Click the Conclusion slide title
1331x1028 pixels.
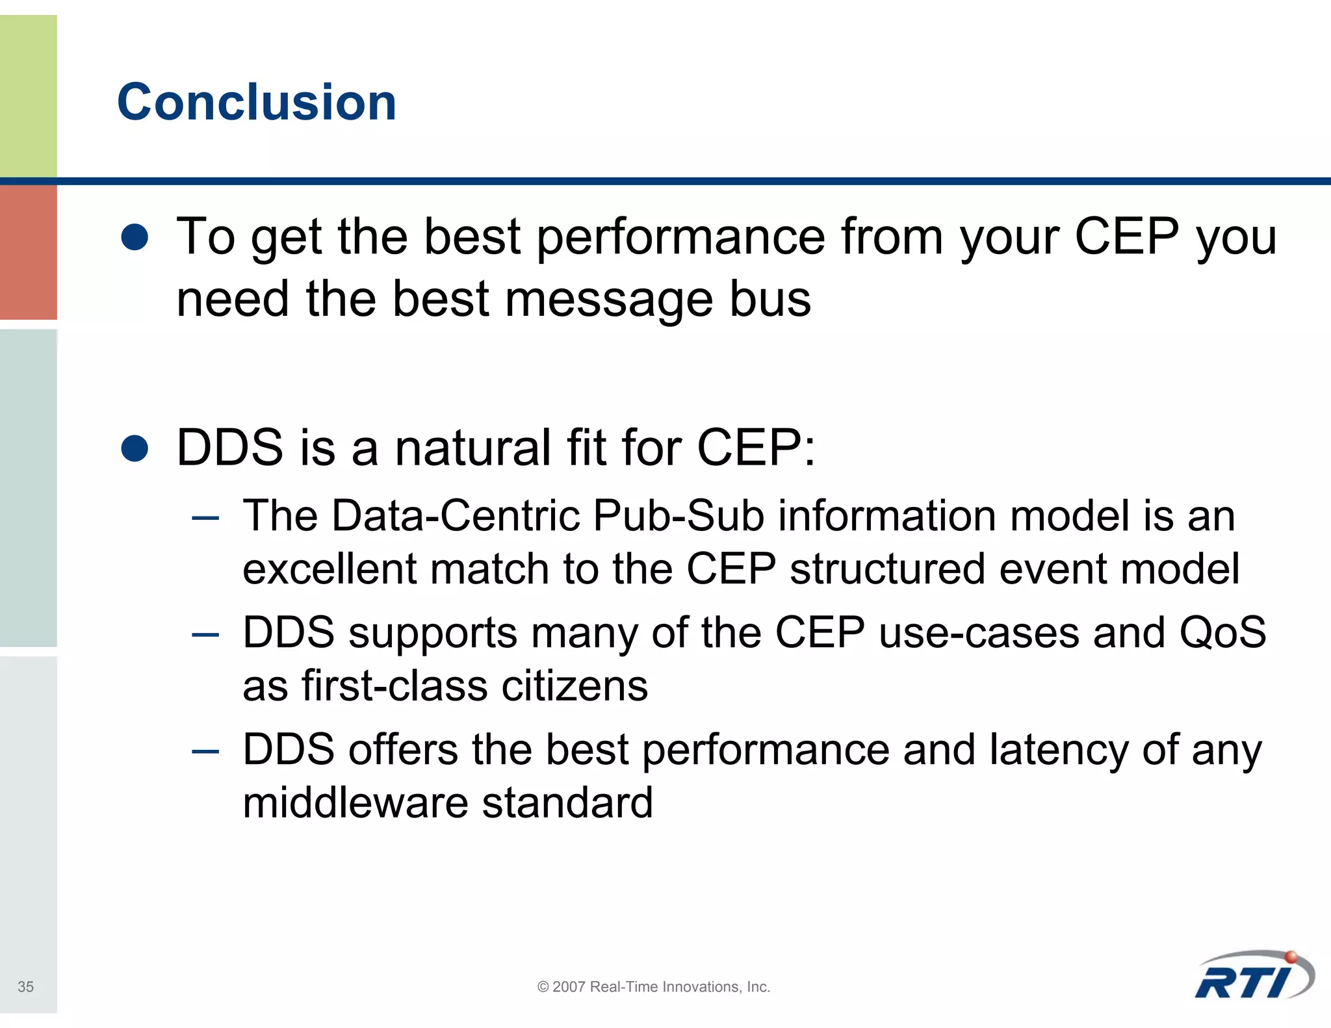click(257, 102)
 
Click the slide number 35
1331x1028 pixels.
click(25, 986)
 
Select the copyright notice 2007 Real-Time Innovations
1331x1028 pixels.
click(654, 986)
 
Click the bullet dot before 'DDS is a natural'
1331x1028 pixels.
click(135, 448)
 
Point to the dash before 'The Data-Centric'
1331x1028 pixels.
click(205, 518)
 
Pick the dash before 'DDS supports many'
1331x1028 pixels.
click(205, 634)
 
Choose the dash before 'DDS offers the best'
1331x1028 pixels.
click(205, 751)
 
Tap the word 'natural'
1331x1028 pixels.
click(472, 448)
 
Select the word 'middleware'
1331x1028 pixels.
click(355, 803)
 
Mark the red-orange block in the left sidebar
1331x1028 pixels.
click(28, 252)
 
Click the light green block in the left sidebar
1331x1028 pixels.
click(28, 96)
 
